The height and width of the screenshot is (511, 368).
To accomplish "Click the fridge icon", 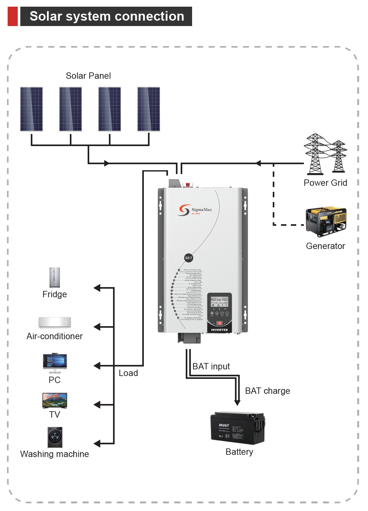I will [55, 277].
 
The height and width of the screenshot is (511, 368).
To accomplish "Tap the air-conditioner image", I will [55, 322].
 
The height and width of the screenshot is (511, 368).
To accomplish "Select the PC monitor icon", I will [55, 362].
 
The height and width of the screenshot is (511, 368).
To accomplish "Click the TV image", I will [55, 400].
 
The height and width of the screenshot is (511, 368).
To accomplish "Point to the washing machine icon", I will [55, 437].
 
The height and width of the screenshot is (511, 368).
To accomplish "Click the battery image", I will [238, 428].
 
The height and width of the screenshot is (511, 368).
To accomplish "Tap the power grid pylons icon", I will [325, 154].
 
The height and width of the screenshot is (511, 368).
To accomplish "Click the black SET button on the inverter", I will [189, 258].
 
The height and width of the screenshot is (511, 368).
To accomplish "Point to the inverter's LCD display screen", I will [219, 302].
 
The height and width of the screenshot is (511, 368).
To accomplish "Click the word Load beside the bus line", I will [128, 373].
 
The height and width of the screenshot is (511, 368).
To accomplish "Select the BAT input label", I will [211, 366].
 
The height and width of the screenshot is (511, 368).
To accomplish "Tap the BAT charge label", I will [267, 391].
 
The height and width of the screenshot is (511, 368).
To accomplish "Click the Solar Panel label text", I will [88, 76].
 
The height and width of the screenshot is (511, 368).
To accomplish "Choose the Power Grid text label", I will [325, 183].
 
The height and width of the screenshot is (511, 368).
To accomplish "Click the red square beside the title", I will [13, 17].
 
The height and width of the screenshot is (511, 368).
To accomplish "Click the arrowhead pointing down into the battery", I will [237, 403].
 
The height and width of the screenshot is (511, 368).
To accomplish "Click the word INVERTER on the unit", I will [219, 330].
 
